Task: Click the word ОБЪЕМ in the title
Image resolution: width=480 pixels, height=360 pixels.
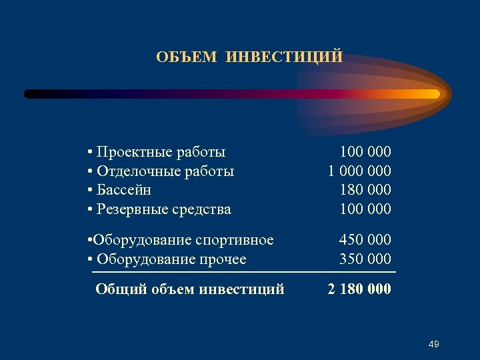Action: pos(187,57)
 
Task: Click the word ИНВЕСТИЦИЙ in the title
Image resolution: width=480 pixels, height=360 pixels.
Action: pos(285,57)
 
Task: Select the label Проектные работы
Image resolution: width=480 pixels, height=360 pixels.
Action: pos(161,152)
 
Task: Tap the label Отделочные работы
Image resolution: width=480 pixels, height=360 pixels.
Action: pos(165,171)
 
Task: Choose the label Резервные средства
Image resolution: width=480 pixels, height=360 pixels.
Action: pos(164,209)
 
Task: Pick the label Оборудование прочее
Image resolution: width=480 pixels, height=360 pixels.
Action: pos(171,259)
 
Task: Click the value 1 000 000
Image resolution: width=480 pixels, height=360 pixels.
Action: pos(359,171)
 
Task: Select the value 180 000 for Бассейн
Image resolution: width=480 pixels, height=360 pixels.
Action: pos(365,190)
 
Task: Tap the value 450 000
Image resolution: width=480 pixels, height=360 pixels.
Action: pos(365,239)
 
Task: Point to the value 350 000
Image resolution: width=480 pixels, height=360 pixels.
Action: pos(365,259)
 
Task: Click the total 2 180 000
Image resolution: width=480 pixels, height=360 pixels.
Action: pos(359,289)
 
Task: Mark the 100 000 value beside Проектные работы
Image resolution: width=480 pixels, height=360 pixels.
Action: pos(365,152)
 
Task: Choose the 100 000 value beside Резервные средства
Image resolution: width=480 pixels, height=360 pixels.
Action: pos(365,209)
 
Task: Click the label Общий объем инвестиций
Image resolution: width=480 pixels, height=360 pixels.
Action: pos(190,289)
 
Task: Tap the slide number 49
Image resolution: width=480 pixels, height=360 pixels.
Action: pos(433,344)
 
